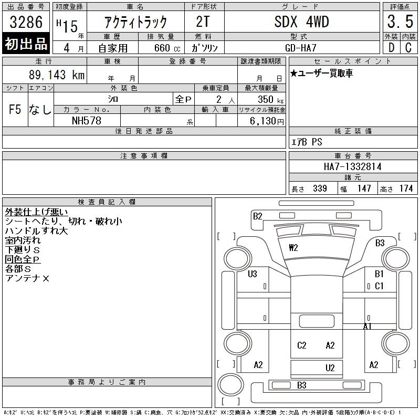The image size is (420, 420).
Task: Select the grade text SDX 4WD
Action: (302, 22)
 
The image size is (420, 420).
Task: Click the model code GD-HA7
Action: (302, 48)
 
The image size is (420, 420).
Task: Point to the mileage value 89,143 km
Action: (57, 75)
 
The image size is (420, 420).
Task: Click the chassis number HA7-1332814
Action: (353, 166)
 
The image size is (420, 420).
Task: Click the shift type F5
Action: (15, 110)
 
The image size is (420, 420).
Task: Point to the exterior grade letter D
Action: (391, 47)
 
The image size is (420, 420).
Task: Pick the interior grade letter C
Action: (408, 47)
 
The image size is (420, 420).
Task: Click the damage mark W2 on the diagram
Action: (293, 247)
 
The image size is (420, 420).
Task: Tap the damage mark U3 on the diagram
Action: (253, 274)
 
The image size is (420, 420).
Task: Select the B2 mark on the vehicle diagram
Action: (257, 216)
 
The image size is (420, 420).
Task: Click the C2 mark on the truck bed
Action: (302, 345)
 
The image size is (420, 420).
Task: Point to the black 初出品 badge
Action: (26, 44)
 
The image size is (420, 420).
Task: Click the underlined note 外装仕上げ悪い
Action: (36, 212)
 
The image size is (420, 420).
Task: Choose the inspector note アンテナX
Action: (27, 278)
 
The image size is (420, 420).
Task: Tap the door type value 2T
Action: (203, 22)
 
